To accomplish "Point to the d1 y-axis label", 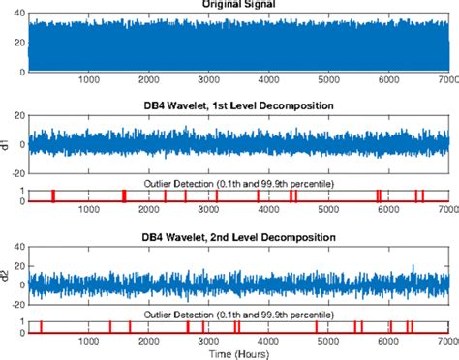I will coord(8,143).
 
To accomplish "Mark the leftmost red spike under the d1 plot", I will coord(53,195).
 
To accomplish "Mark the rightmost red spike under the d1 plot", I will coord(423,195).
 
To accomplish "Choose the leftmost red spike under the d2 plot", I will coord(41,327).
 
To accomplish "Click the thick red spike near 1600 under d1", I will coord(124,195).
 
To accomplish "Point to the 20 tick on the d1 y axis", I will coord(19,116).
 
